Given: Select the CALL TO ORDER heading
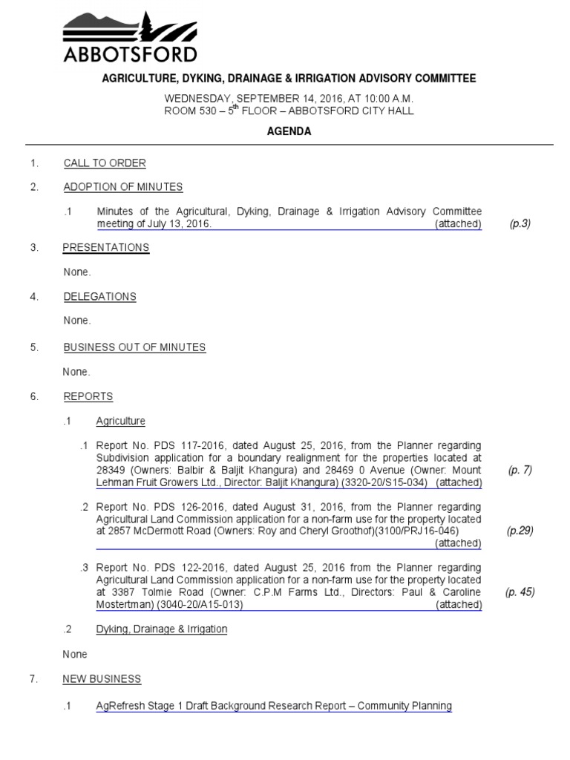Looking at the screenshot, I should [105, 163].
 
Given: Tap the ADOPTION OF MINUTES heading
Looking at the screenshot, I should [123, 187].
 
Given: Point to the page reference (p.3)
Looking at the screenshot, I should [520, 223].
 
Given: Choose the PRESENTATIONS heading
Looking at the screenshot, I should [106, 248].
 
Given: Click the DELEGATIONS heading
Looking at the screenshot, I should [99, 297].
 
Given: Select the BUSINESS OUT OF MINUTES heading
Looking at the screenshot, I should [134, 347].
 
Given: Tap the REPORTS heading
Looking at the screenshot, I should [88, 397].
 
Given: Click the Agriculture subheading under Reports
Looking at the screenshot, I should [120, 422].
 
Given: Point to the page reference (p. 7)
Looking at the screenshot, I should [520, 470].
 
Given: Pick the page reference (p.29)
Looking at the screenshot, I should [520, 531].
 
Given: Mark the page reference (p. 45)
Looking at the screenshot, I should [520, 592].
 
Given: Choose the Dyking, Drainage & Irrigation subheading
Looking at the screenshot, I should [162, 629].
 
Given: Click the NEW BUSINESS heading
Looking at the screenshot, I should [102, 679].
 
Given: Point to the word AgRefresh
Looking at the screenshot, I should [119, 706].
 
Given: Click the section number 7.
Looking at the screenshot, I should [33, 679].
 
